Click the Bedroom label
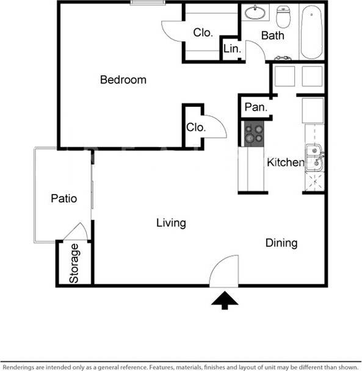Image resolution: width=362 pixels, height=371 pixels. [x=123, y=80]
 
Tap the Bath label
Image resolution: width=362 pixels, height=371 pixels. [x=272, y=35]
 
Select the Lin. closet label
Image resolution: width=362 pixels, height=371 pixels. [x=231, y=49]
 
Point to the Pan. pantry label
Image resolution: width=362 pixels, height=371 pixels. [x=255, y=107]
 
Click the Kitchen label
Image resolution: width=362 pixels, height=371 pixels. [x=285, y=162]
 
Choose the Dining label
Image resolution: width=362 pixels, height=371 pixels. [x=281, y=243]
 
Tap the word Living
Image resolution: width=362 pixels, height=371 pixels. [x=171, y=223]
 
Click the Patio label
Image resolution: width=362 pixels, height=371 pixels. [x=63, y=198]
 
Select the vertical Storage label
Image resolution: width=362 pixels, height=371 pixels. [x=74, y=264]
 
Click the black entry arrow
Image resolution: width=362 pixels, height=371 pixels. [x=226, y=300]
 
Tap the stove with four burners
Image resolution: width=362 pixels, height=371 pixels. [x=254, y=133]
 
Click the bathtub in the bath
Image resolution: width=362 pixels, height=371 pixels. [x=311, y=33]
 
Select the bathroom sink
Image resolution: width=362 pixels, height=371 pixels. [x=255, y=12]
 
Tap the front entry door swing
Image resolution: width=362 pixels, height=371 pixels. [x=223, y=272]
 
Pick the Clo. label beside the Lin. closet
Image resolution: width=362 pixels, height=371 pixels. [x=203, y=33]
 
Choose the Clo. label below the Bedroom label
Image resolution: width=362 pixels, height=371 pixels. [x=196, y=128]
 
